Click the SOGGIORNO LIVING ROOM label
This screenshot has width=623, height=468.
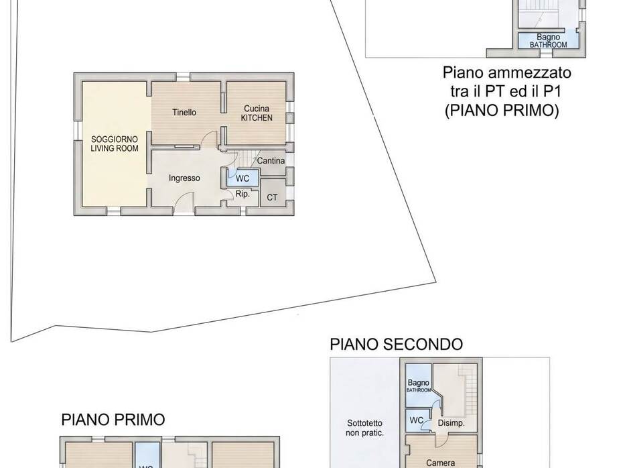coord(115,143)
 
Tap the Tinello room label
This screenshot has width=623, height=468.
coord(184,112)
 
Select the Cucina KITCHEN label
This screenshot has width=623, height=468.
coord(257,113)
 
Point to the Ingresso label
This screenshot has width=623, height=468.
coord(184,178)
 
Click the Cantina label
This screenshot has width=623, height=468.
coord(271,161)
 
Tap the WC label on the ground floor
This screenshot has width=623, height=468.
coord(243,178)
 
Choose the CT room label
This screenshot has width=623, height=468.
coord(272,197)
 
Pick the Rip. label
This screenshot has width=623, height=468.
coord(243,194)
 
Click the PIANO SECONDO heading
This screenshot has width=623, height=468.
coord(396,345)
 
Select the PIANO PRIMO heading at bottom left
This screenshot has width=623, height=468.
coord(113,420)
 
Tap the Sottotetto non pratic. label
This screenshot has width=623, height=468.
coord(364,428)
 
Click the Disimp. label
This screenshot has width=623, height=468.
coord(451,423)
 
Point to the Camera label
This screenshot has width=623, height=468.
coord(440,463)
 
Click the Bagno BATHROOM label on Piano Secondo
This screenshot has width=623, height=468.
coord(419,386)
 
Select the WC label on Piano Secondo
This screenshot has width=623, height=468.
coord(416,420)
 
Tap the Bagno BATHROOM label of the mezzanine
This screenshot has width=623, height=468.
coord(548,40)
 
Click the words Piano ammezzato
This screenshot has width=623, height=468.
coord(507,72)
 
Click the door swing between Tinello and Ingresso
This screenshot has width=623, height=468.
coord(209,139)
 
